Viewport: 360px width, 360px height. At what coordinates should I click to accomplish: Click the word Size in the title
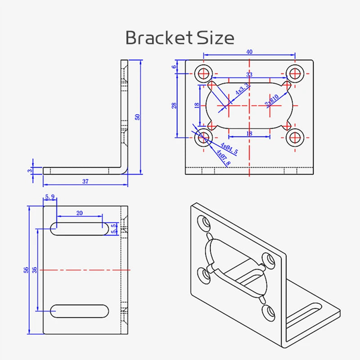(x=216, y=38)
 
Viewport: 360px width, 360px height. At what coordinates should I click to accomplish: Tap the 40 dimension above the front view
(x=249, y=52)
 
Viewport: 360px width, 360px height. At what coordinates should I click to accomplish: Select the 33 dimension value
(x=249, y=74)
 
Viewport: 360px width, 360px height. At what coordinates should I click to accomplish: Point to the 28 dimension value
(x=174, y=105)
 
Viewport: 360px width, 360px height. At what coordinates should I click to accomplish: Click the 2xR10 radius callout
(x=272, y=100)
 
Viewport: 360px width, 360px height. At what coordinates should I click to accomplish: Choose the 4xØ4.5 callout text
(x=229, y=149)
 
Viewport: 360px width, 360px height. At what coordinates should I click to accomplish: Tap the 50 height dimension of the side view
(x=138, y=117)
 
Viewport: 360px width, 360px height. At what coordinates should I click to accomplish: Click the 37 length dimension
(x=85, y=181)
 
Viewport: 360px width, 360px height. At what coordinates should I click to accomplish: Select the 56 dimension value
(x=27, y=270)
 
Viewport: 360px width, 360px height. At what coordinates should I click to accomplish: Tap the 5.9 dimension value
(x=49, y=197)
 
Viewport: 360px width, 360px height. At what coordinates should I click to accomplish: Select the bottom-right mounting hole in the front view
(x=295, y=138)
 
